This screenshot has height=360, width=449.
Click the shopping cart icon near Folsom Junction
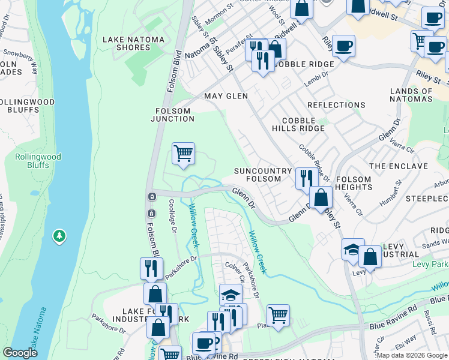tap(183, 152)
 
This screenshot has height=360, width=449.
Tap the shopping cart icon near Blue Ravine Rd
tap(278, 314)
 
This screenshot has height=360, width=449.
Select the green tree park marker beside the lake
tap(59, 236)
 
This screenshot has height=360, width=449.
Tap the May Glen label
tap(226, 96)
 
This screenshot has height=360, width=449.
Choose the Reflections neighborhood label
tap(336, 105)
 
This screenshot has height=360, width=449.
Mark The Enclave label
tap(399, 166)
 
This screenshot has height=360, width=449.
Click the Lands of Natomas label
tap(411, 95)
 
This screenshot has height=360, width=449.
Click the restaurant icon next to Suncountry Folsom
tap(306, 178)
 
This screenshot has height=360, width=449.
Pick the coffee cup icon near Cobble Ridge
tap(343, 46)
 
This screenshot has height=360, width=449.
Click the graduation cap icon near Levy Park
tap(353, 249)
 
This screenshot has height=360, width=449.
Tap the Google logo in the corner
tap(21, 352)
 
